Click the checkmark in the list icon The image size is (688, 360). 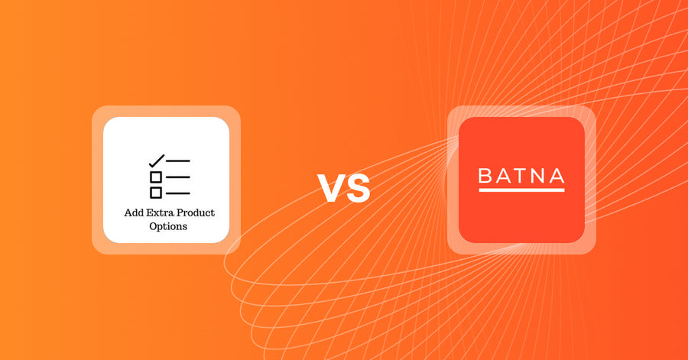[x=156, y=161]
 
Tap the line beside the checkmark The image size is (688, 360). [x=179, y=161]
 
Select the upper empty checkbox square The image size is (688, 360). [x=156, y=177]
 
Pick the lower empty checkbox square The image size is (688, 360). [x=156, y=193]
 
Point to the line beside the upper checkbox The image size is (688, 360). [x=179, y=177]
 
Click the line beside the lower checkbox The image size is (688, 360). [x=179, y=193]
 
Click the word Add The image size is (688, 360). [x=133, y=212]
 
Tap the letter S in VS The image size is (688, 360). [x=357, y=190]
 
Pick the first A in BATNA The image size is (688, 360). [x=501, y=176]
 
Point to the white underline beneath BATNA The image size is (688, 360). [x=521, y=189]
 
